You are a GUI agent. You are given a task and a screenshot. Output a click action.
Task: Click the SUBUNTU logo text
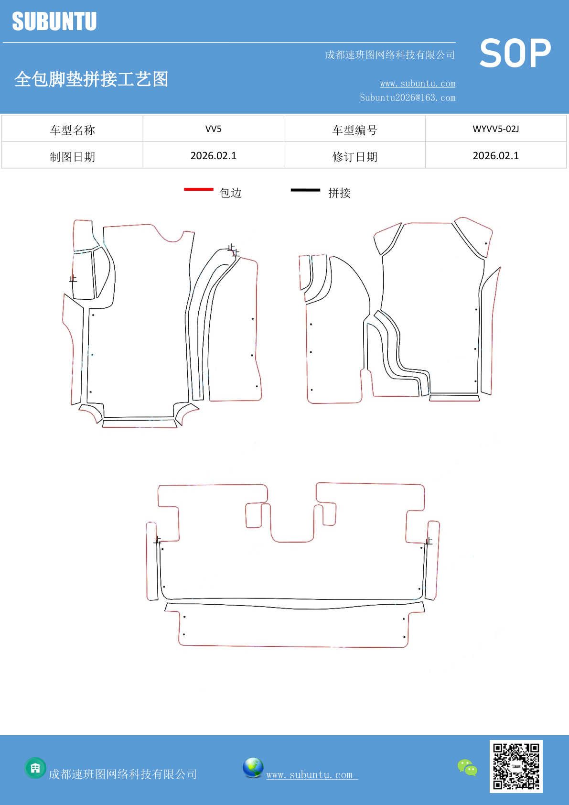click(x=54, y=22)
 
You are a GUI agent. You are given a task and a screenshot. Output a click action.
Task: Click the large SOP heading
click(x=515, y=54)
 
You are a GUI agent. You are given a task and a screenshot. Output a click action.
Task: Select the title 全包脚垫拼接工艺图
click(x=91, y=79)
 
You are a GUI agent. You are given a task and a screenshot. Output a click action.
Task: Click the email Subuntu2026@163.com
click(x=408, y=98)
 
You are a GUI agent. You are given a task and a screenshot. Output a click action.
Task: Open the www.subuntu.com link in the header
click(x=418, y=84)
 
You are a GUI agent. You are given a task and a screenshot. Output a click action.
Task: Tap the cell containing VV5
click(x=213, y=129)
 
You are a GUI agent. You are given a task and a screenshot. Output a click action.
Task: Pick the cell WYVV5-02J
click(x=495, y=129)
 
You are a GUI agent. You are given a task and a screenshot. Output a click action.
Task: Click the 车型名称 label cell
click(x=72, y=130)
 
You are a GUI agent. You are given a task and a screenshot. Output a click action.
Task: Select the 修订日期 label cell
click(x=354, y=157)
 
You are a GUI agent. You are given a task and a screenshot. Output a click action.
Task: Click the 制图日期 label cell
click(x=72, y=157)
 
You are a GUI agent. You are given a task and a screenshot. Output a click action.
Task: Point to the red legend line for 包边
click(x=198, y=189)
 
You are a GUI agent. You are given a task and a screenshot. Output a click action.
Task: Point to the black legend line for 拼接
click(x=305, y=190)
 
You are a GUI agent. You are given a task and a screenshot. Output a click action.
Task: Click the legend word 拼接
click(x=339, y=193)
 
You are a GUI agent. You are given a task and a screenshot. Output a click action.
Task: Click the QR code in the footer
click(x=516, y=766)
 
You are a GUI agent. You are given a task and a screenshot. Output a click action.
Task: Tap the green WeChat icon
click(x=467, y=768)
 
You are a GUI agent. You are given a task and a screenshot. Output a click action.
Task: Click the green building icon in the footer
click(x=35, y=768)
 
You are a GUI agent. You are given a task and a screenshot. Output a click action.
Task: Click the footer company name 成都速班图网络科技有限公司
click(x=123, y=774)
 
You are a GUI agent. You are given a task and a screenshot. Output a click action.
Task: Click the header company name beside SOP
click(x=390, y=55)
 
